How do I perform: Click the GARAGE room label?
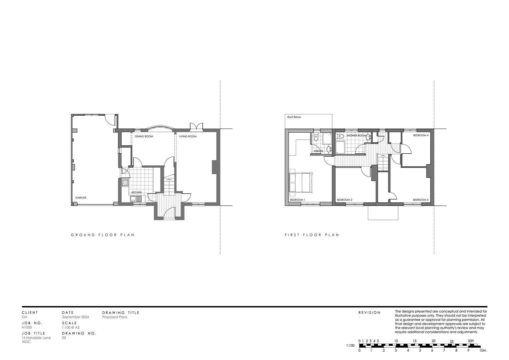coord(81,198)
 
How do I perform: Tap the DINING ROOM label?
coord(144,136)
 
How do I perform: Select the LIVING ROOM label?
coord(188,136)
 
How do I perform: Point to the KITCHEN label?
coord(136,192)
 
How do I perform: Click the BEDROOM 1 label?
coord(297,200)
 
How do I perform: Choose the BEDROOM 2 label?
coord(344,200)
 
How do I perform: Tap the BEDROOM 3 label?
coord(421,200)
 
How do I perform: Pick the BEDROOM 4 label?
coord(421,135)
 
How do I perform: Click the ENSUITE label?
coord(318,151)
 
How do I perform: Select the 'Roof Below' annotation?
coord(294,117)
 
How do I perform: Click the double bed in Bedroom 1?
coord(301,182)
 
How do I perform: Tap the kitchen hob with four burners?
coord(125,183)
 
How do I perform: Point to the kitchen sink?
coord(136,199)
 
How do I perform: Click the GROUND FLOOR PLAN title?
coord(103,235)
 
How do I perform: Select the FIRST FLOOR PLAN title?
coord(312,235)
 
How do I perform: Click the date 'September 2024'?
coord(75,317)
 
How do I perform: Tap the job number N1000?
coord(27,327)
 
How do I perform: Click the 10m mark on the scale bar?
coord(483,350)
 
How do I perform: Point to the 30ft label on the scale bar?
coord(470,341)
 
